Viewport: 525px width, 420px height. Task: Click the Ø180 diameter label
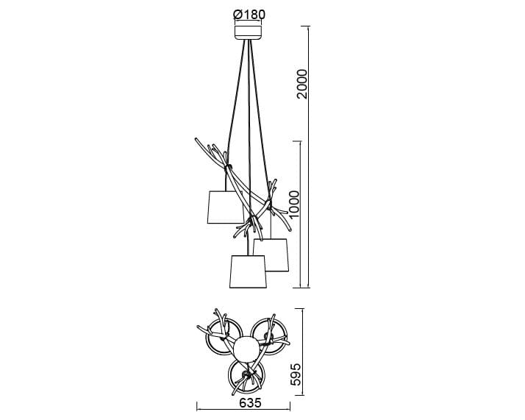pyautogui.click(x=249, y=15)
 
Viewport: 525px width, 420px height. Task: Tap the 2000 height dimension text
pyautogui.click(x=301, y=84)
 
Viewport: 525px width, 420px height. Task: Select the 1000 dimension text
pyautogui.click(x=294, y=204)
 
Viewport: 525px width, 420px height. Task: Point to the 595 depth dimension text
pyautogui.click(x=296, y=374)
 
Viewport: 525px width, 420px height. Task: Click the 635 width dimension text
pyautogui.click(x=250, y=402)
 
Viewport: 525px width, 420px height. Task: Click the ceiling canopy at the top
pyautogui.click(x=248, y=32)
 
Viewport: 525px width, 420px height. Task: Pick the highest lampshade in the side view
pyautogui.click(x=225, y=207)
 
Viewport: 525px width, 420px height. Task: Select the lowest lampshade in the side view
pyautogui.click(x=248, y=271)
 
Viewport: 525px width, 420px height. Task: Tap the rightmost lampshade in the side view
pyautogui.click(x=271, y=255)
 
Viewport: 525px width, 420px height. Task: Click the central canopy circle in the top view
pyautogui.click(x=246, y=349)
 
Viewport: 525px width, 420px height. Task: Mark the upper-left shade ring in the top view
pyautogui.click(x=224, y=337)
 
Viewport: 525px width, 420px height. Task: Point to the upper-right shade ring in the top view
pyautogui.click(x=269, y=336)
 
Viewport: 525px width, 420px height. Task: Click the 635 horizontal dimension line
pyautogui.click(x=243, y=409)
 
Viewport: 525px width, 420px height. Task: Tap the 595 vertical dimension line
pyautogui.click(x=303, y=352)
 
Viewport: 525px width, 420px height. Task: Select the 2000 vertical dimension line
pyautogui.click(x=308, y=157)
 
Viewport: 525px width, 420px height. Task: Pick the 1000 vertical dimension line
pyautogui.click(x=300, y=214)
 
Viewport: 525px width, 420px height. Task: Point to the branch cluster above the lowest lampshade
pyautogui.click(x=251, y=224)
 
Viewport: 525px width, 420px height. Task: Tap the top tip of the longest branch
pyautogui.click(x=196, y=138)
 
